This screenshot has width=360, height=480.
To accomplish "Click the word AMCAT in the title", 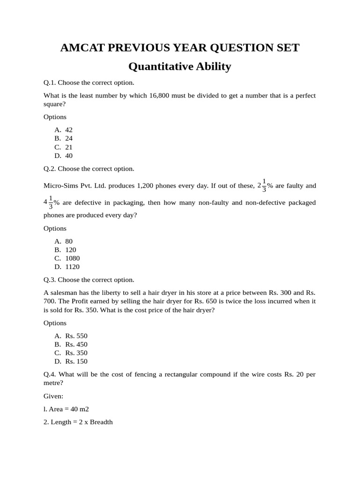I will [x=82, y=48].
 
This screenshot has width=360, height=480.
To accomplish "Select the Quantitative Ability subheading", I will [x=180, y=67].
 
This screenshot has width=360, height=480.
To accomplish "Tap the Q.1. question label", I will [x=50, y=82].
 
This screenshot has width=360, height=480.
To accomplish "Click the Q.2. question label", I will [x=50, y=168].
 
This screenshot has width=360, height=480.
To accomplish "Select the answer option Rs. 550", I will [x=76, y=336].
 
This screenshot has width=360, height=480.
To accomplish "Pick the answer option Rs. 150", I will [x=76, y=361].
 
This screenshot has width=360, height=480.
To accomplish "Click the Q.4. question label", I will [x=50, y=374].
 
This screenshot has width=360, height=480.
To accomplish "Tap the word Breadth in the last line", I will [x=101, y=422].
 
